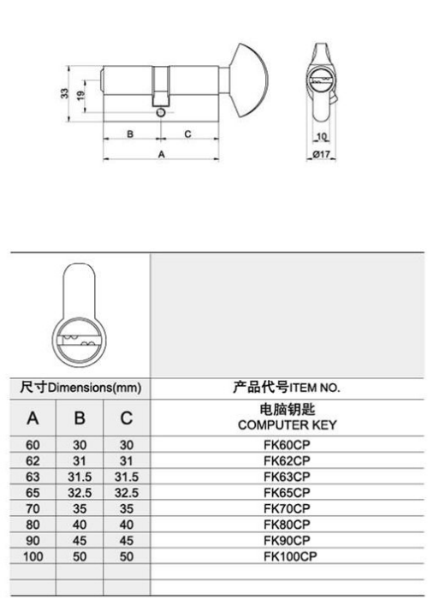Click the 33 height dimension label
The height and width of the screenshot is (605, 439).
click(64, 94)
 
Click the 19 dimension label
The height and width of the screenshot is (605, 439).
click(80, 95)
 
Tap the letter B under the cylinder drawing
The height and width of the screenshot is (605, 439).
click(130, 134)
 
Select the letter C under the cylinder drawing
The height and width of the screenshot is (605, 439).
click(187, 133)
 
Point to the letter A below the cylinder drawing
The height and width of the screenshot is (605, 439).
click(161, 154)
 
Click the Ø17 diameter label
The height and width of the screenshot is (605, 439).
click(322, 154)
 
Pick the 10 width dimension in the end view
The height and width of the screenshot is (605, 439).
click(322, 136)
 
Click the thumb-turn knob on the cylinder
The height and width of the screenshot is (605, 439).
click(249, 80)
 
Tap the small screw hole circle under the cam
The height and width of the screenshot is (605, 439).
click(160, 112)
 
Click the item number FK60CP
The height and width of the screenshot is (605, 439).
click(287, 445)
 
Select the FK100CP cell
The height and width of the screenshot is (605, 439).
click(290, 556)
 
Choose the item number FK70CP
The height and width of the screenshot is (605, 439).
click(287, 508)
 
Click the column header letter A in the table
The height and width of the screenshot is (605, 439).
click(33, 418)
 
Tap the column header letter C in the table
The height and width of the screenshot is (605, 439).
click(127, 418)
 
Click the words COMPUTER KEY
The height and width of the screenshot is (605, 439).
click(288, 424)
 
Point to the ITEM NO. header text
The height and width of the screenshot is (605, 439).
click(315, 388)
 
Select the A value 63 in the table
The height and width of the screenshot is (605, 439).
click(33, 477)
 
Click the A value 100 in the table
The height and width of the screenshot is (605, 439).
click(33, 556)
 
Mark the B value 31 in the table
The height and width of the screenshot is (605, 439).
click(80, 460)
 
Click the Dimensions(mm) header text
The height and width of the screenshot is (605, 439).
click(95, 388)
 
